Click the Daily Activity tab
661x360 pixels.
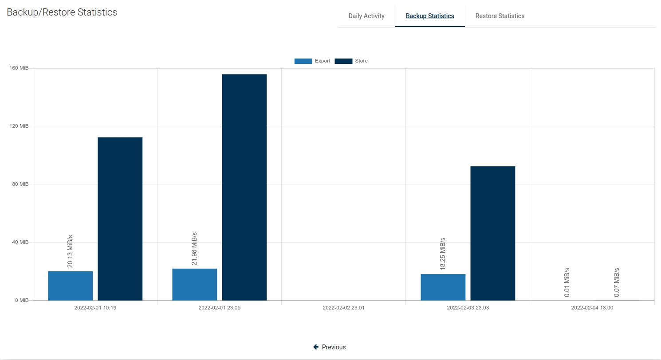pos(366,16)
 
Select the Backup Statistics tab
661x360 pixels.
pos(430,16)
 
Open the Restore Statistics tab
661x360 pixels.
pos(500,16)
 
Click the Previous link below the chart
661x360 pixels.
pos(330,347)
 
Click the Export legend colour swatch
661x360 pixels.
pos(303,61)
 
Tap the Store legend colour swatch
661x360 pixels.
pos(343,61)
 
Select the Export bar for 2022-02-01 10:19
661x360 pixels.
pos(71,286)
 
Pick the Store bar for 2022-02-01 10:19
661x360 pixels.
pos(120,219)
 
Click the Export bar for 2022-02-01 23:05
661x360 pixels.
pos(195,285)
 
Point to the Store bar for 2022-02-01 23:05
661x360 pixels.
pos(244,187)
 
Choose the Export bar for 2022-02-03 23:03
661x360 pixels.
pos(443,287)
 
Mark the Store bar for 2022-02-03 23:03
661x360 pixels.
pos(493,233)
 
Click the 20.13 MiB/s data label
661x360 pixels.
pos(70,251)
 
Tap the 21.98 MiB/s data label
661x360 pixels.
pos(194,249)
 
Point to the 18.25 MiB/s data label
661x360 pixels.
pos(443,254)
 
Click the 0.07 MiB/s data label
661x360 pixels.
pos(617,282)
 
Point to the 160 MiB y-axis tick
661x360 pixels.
pos(19,68)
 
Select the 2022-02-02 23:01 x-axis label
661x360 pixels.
pos(343,308)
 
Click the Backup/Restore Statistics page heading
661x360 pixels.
pos(62,12)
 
